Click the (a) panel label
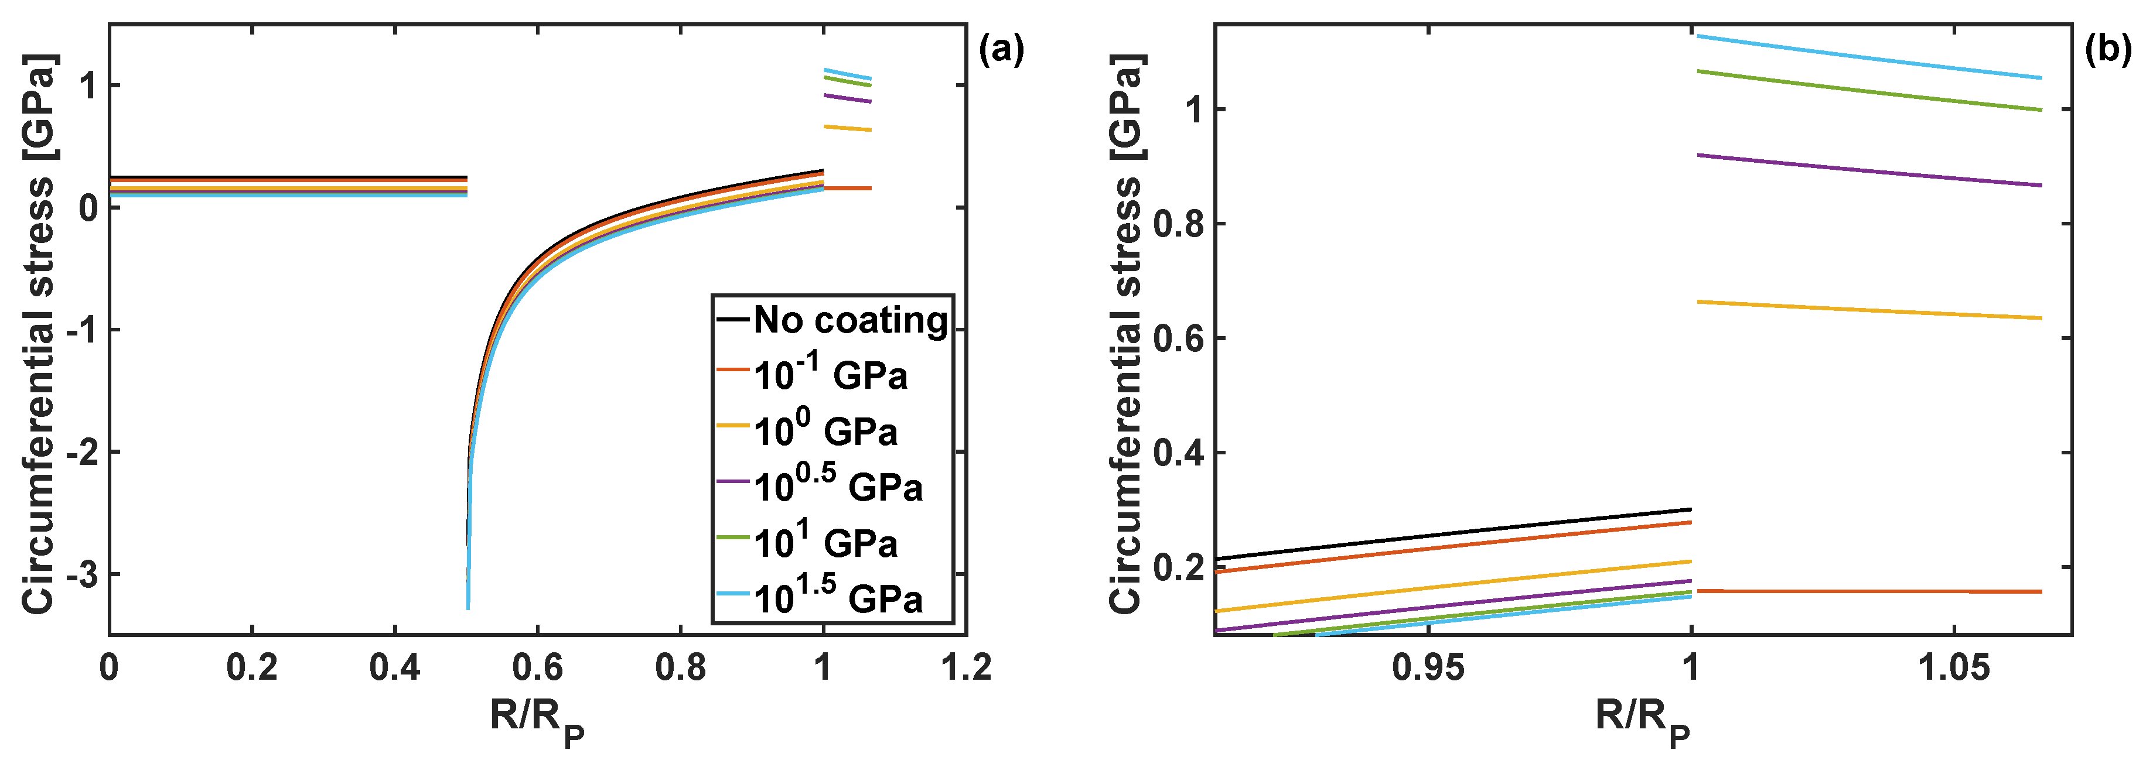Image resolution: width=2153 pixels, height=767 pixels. pos(1001,50)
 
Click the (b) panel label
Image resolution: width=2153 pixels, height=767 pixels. pos(2107,50)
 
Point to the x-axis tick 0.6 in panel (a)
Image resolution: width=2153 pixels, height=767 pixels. pos(537,669)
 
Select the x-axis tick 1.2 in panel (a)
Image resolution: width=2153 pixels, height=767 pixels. pos(966,669)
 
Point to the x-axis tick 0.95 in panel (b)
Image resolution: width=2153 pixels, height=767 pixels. pos(1428,669)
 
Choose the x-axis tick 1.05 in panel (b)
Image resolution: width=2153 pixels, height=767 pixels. pos(1953,669)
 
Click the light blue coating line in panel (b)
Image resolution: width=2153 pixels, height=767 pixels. pos(1864,57)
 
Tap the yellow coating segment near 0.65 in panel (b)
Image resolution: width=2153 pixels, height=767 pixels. pos(1864,310)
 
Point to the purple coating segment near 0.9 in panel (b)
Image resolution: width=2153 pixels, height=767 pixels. pos(1864,170)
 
